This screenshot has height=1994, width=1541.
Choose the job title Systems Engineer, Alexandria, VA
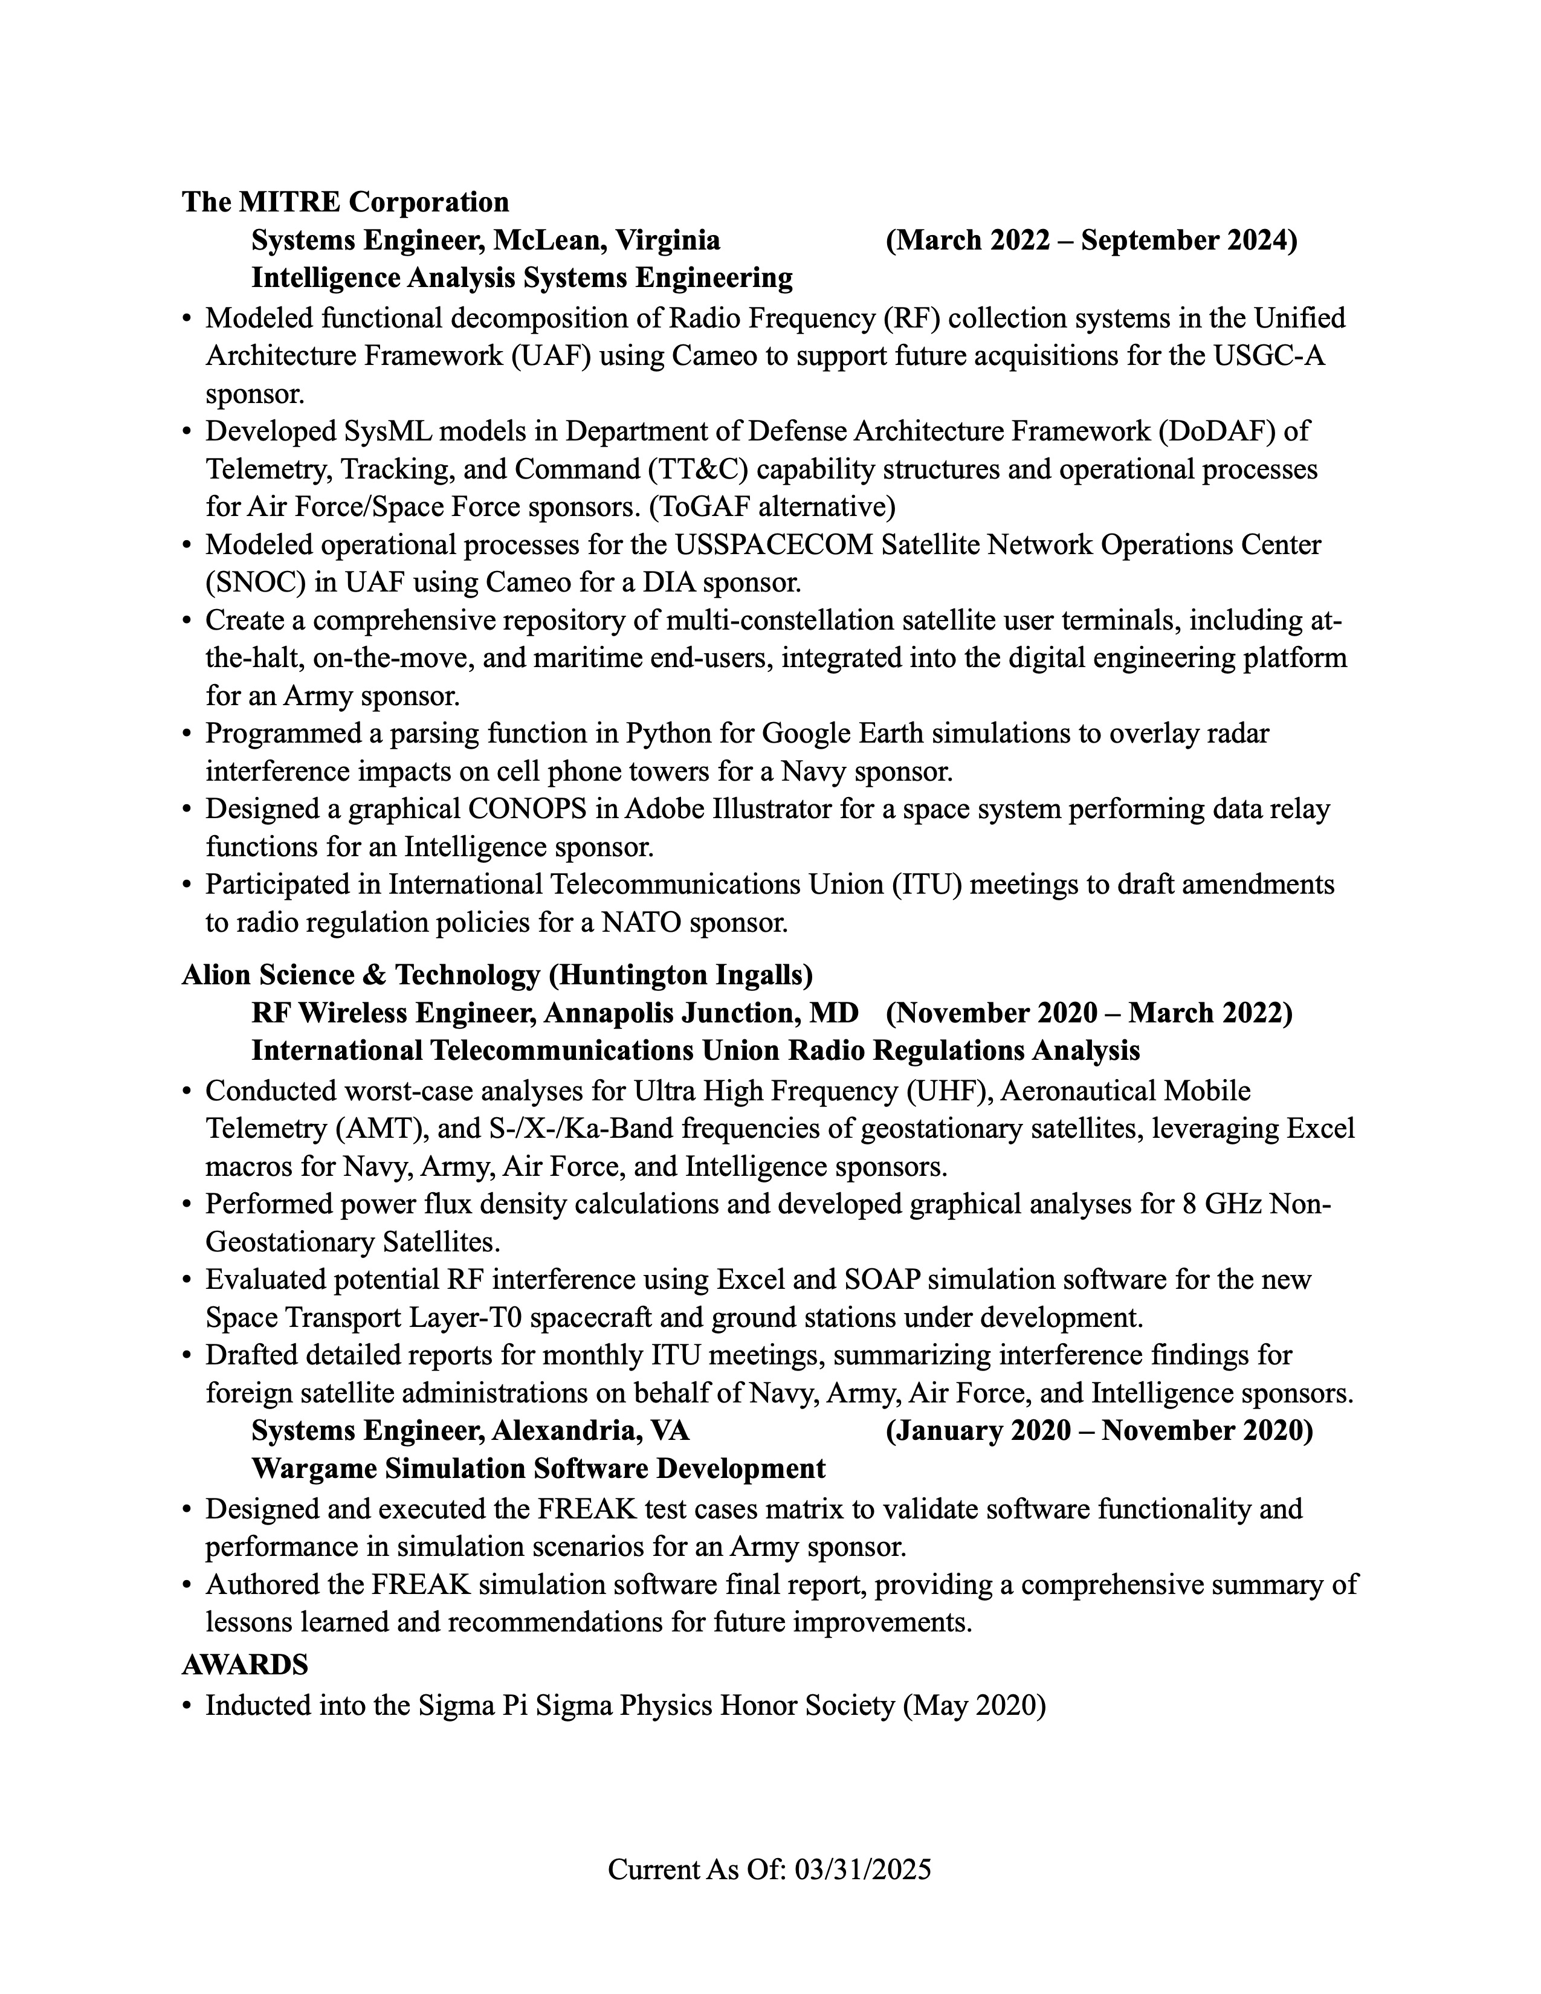click(x=470, y=1431)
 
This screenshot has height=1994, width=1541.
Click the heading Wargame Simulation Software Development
click(x=538, y=1469)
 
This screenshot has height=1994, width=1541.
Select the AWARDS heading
click(x=245, y=1665)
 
